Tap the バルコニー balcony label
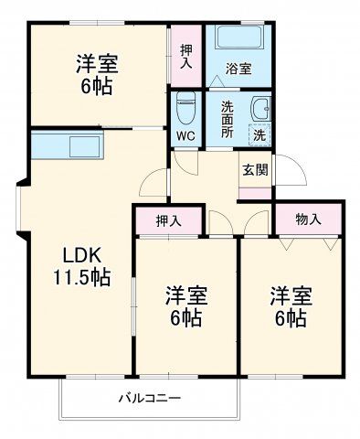pyautogui.click(x=149, y=399)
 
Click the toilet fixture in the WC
pyautogui.click(x=185, y=110)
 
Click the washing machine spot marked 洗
pyautogui.click(x=260, y=134)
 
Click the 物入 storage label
pyautogui.click(x=308, y=219)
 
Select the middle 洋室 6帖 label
pyautogui.click(x=186, y=307)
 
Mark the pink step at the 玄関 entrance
pyautogui.click(x=255, y=194)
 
